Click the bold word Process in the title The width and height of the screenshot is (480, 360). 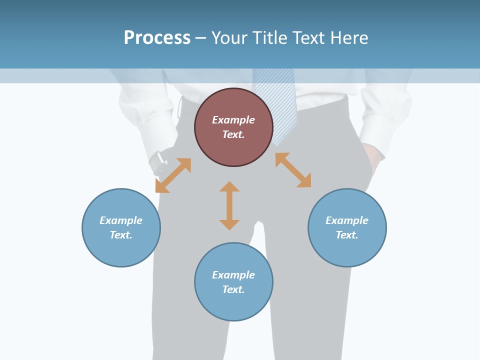coord(157,37)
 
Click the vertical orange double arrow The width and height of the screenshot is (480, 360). coord(229,206)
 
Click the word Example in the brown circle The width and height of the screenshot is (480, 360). coord(233,120)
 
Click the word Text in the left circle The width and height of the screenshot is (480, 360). coord(120,235)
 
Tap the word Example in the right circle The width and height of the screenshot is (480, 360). coord(347,220)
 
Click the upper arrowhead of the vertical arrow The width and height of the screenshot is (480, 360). coord(229,186)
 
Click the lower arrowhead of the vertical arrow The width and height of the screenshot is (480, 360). coord(229,225)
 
